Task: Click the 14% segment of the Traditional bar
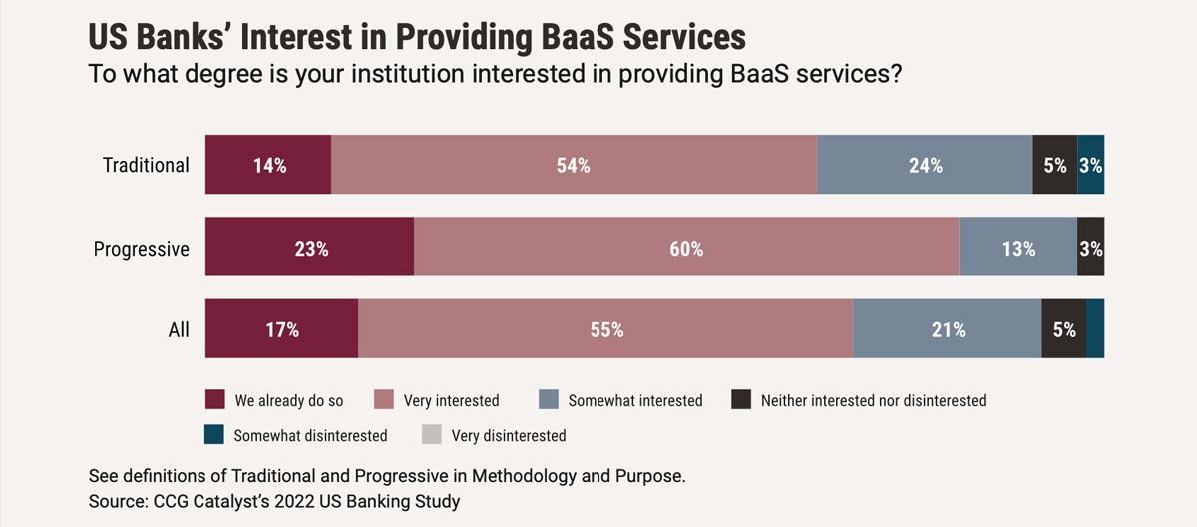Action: tap(268, 165)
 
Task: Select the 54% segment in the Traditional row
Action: tap(574, 165)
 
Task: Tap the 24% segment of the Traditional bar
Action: tap(925, 165)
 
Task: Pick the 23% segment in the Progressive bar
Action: tap(310, 247)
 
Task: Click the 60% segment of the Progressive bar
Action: tap(686, 247)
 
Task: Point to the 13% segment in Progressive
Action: tap(1018, 247)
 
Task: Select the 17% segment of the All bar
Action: tap(281, 328)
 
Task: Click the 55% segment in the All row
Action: tap(605, 328)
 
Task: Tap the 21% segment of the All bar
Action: tap(948, 328)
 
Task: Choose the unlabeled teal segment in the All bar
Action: tap(1095, 328)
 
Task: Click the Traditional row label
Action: tap(146, 165)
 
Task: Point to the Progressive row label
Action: tap(141, 248)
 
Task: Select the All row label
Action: tap(179, 329)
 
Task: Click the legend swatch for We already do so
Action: tap(214, 400)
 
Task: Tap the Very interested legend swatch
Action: tap(383, 400)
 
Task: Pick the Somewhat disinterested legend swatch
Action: tap(214, 435)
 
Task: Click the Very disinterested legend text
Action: tap(509, 435)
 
